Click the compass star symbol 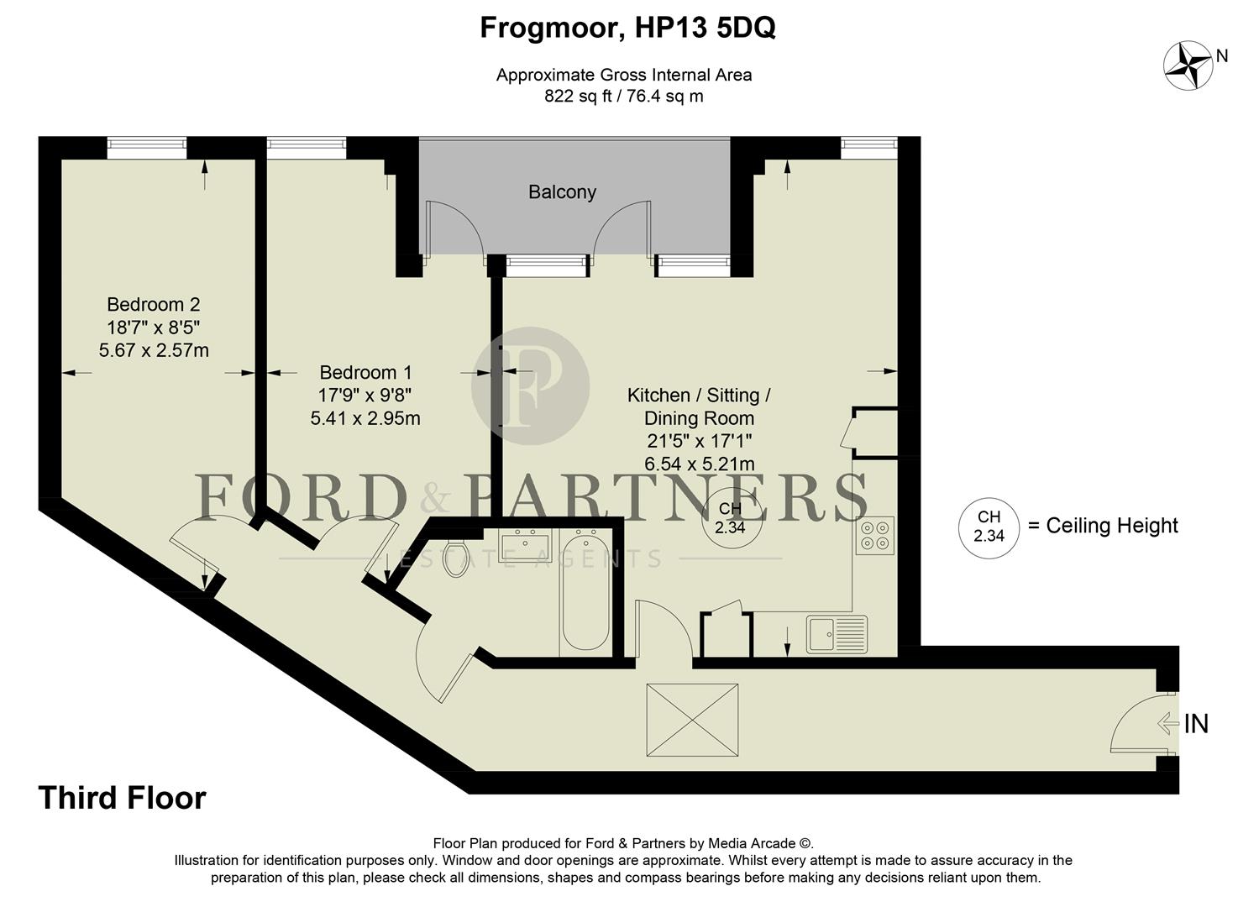[1188, 66]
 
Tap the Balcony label [562, 192]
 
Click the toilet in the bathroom [456, 558]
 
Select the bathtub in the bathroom [585, 592]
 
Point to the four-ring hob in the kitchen [874, 536]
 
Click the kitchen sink [837, 633]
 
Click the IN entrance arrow [1168, 723]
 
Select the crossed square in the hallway [692, 719]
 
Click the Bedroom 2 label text [154, 305]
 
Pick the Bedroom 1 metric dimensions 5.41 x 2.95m [365, 418]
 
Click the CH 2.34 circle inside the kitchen [730, 518]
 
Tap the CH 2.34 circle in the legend [989, 527]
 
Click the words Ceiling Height [1111, 526]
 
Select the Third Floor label [122, 798]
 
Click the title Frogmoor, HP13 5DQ [627, 28]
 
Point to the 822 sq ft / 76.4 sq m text [623, 97]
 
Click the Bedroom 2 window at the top [147, 148]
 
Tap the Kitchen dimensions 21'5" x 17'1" [699, 441]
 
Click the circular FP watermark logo [530, 385]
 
